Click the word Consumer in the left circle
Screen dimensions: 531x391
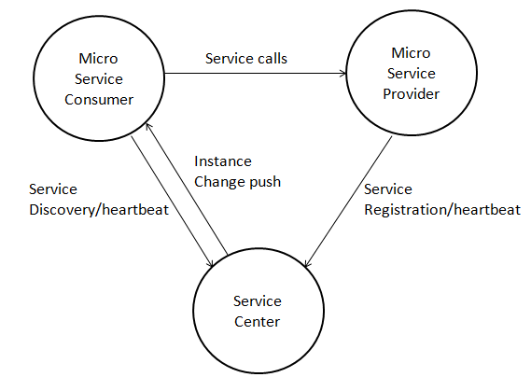pos(99,100)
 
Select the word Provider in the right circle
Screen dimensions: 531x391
pos(412,93)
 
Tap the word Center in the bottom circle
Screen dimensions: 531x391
pos(257,322)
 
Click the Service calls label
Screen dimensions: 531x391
pos(246,59)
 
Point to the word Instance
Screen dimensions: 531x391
pos(223,161)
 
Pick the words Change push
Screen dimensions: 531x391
pos(237,182)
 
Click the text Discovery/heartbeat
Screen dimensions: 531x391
pos(99,210)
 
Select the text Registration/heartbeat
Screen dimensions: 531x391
pos(442,210)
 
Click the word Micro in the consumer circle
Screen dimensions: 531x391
pos(98,59)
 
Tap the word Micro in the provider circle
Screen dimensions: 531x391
pos(411,53)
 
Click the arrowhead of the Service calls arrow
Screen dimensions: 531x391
pos(342,73)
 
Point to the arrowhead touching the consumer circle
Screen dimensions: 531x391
pos(148,127)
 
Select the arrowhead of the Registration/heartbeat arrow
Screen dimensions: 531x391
pos(307,263)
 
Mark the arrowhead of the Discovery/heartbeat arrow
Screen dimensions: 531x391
pos(210,263)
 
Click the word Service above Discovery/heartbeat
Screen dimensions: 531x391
pos(53,189)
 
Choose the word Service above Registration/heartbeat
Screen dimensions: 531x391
pos(388,189)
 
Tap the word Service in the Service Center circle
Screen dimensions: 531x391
pos(258,301)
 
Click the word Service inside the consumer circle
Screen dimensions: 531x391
pos(99,79)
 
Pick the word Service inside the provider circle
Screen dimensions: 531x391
pos(412,73)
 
